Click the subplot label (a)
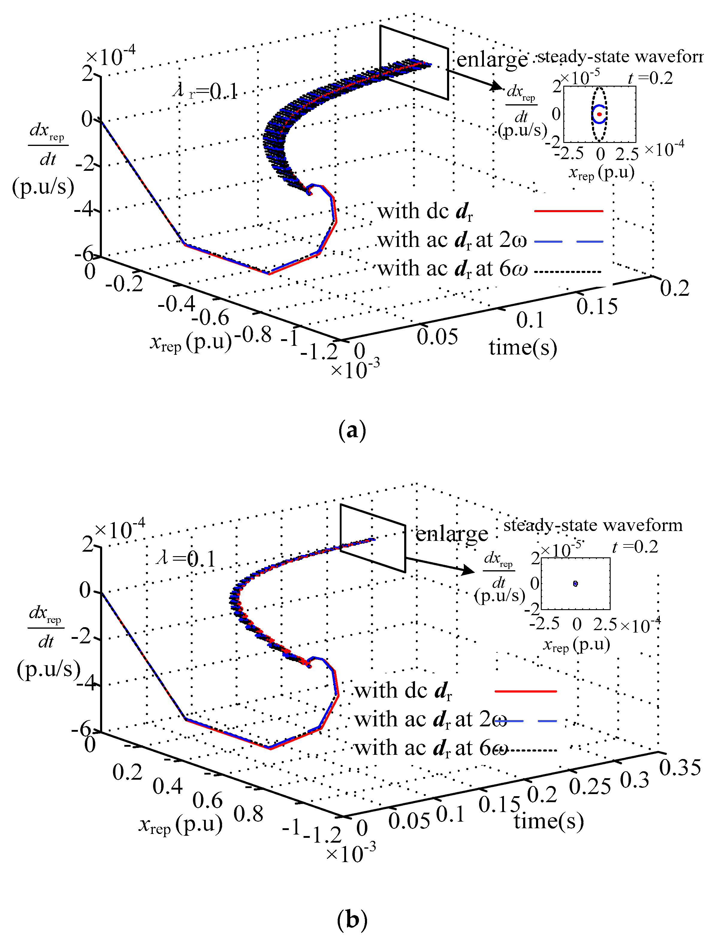(x=352, y=431)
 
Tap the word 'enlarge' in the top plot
(x=492, y=60)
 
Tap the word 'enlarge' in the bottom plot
(x=452, y=534)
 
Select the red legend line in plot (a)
(x=568, y=211)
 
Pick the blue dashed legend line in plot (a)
(x=568, y=241)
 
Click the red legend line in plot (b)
(x=526, y=691)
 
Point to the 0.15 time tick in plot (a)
(x=597, y=306)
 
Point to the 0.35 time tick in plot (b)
(x=680, y=768)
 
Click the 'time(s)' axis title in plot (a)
(x=523, y=347)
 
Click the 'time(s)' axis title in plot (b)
(x=549, y=821)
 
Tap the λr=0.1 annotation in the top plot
(x=205, y=91)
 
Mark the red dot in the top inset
(x=599, y=114)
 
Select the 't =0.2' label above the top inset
(x=650, y=78)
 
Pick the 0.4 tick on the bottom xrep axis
(x=167, y=786)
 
